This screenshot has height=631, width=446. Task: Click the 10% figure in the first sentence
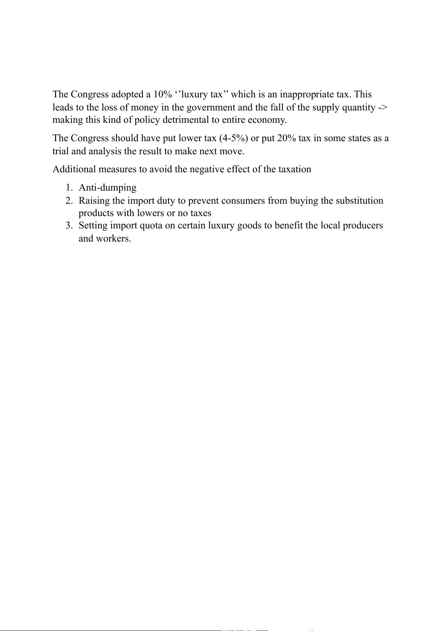pyautogui.click(x=163, y=94)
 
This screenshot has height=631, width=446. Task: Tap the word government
pyautogui.click(x=210, y=107)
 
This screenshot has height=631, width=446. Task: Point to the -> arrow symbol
pyautogui.click(x=383, y=107)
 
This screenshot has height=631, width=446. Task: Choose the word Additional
pyautogui.click(x=74, y=169)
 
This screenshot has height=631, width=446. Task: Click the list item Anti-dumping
pyautogui.click(x=107, y=188)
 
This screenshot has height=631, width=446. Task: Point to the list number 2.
pyautogui.click(x=69, y=201)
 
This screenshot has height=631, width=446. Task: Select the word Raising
pyautogui.click(x=94, y=201)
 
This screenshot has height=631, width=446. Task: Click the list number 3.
pyautogui.click(x=69, y=225)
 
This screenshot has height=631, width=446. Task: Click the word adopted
pyautogui.click(x=127, y=94)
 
